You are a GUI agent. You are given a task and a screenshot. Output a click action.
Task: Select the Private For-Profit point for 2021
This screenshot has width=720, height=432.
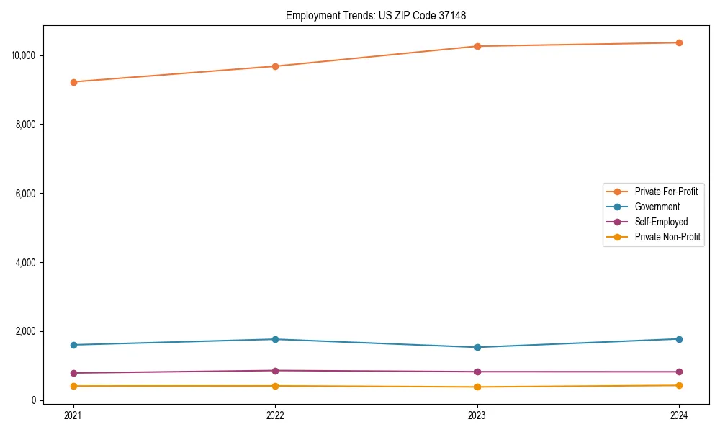(x=73, y=82)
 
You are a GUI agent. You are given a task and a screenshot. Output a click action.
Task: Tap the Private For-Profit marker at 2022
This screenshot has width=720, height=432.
(x=275, y=66)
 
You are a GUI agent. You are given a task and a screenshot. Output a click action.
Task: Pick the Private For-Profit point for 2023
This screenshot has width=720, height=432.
(x=477, y=46)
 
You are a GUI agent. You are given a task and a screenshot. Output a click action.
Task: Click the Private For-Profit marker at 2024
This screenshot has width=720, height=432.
(x=679, y=42)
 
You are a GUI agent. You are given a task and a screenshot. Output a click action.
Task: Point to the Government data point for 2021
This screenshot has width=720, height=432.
(x=73, y=345)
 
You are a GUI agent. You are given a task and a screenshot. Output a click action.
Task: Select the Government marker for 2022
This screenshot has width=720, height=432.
(x=275, y=339)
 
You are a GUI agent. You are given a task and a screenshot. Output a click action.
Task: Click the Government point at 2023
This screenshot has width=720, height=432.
(x=477, y=347)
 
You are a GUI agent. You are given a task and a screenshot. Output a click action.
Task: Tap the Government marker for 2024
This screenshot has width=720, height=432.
(x=679, y=339)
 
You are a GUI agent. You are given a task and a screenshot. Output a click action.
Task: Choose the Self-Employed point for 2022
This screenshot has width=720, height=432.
(x=275, y=371)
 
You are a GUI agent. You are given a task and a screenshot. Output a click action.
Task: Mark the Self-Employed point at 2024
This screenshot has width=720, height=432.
(x=679, y=372)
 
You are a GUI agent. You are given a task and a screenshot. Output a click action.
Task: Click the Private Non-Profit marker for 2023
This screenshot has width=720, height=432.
(x=477, y=387)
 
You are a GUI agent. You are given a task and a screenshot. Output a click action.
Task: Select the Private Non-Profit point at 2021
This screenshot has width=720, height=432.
(x=73, y=386)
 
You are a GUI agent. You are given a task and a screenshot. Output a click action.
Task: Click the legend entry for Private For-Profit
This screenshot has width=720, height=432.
(x=666, y=192)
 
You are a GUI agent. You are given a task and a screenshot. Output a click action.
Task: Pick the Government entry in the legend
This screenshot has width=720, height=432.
(x=657, y=207)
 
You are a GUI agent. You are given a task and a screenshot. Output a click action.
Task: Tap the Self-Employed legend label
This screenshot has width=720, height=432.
(x=661, y=222)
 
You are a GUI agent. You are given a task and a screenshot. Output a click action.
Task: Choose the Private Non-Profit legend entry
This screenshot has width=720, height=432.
(x=667, y=237)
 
